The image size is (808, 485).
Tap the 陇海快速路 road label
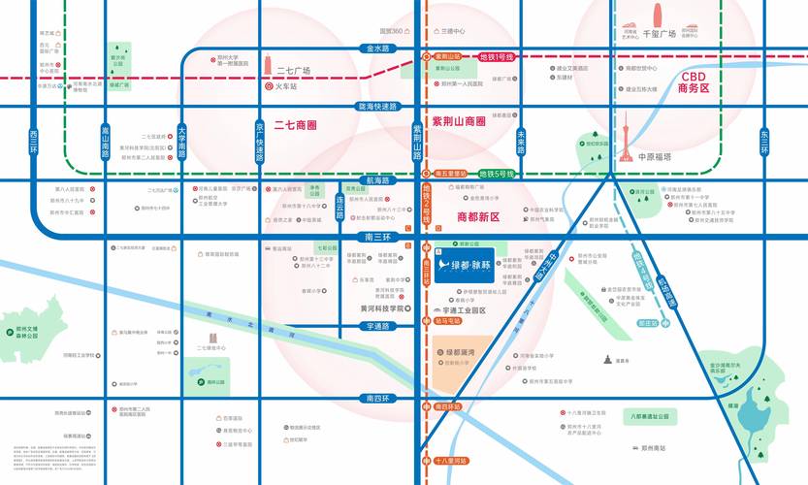point(378,106)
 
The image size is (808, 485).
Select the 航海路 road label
point(377,180)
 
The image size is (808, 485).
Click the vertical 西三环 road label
point(33,142)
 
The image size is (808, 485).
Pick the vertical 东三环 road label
point(764,142)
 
